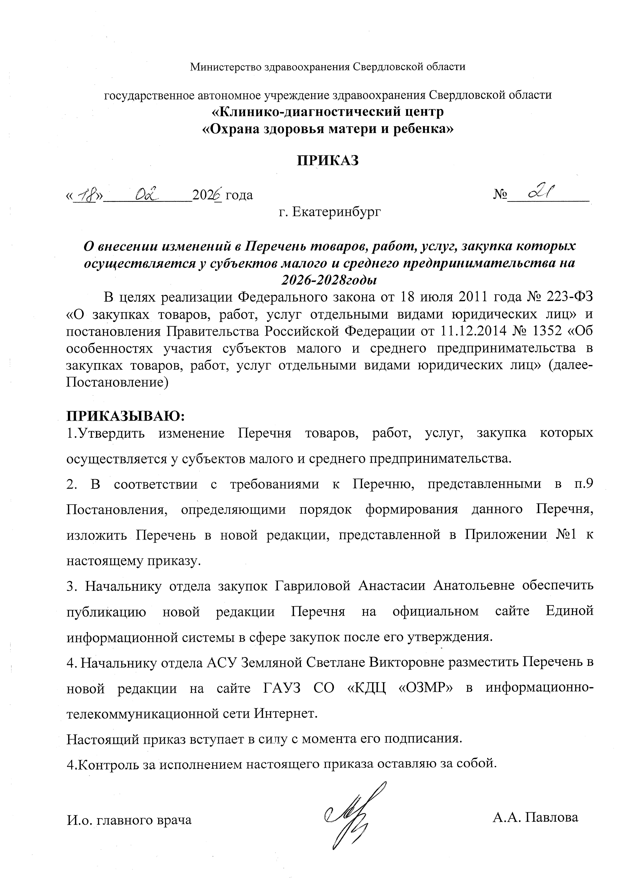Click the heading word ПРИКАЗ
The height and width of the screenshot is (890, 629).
(328, 160)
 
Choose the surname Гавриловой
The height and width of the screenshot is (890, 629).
(313, 585)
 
